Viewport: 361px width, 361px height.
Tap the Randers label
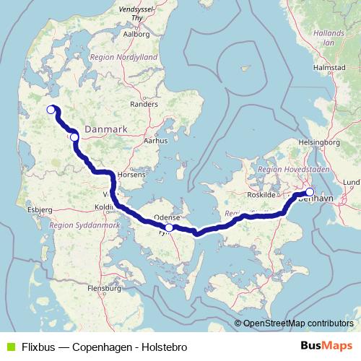(x=144, y=104)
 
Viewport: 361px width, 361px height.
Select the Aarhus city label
(x=157, y=142)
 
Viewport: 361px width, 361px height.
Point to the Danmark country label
(x=106, y=129)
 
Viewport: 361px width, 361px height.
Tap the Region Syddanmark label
(x=74, y=225)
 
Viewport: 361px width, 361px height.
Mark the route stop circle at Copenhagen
(x=310, y=192)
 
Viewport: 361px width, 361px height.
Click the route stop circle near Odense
(x=169, y=227)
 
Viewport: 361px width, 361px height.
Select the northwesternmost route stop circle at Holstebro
(x=51, y=110)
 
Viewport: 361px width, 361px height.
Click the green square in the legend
(x=9, y=347)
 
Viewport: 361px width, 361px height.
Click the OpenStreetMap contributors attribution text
(x=296, y=323)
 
